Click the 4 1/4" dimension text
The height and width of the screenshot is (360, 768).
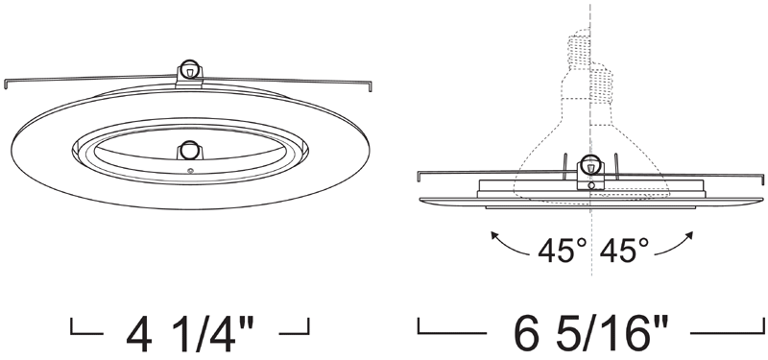click(190, 333)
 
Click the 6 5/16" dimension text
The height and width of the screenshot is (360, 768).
click(591, 333)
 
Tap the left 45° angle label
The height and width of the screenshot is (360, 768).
click(562, 251)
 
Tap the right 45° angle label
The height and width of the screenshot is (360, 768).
click(624, 251)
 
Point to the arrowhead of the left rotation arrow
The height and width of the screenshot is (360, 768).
click(493, 235)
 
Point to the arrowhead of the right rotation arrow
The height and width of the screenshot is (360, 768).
click(690, 235)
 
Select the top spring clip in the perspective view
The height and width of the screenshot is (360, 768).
click(189, 73)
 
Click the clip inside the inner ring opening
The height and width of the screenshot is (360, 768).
click(189, 150)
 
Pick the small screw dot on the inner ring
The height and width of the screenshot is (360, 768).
click(190, 171)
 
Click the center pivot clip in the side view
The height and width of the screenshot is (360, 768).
click(590, 172)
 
